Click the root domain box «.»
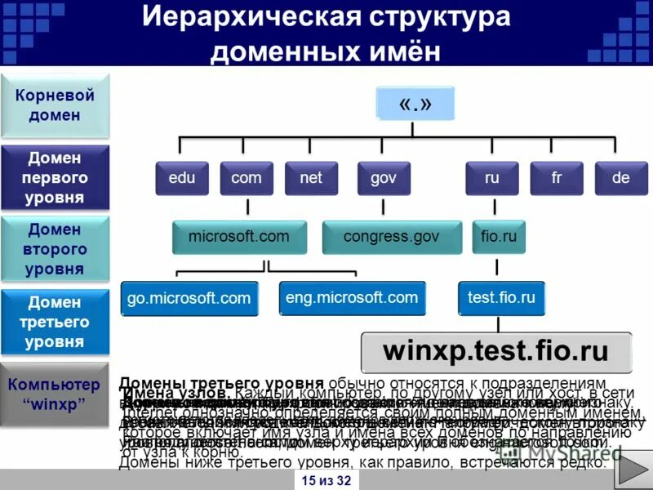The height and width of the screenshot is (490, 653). [415, 104]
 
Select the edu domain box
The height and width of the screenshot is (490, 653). [181, 178]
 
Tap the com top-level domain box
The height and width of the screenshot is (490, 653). [247, 178]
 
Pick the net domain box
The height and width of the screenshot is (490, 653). [311, 178]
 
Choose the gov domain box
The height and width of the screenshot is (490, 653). [384, 178]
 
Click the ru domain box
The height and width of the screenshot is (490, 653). [491, 178]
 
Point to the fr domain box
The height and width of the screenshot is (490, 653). [557, 178]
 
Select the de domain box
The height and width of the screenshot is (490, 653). [620, 178]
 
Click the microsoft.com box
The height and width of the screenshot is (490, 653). [238, 237]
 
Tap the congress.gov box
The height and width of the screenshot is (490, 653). [391, 237]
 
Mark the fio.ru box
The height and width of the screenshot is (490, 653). [498, 237]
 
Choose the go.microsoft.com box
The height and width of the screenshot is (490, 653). [189, 298]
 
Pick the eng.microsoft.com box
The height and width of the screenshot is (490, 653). [351, 298]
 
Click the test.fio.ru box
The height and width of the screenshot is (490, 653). [501, 298]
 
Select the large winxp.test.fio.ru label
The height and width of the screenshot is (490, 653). [495, 352]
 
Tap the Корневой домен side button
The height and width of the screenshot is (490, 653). [55, 105]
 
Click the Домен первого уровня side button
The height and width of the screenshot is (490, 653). [55, 177]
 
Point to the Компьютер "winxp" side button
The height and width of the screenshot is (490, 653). [55, 394]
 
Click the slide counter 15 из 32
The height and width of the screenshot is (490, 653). [326, 480]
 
